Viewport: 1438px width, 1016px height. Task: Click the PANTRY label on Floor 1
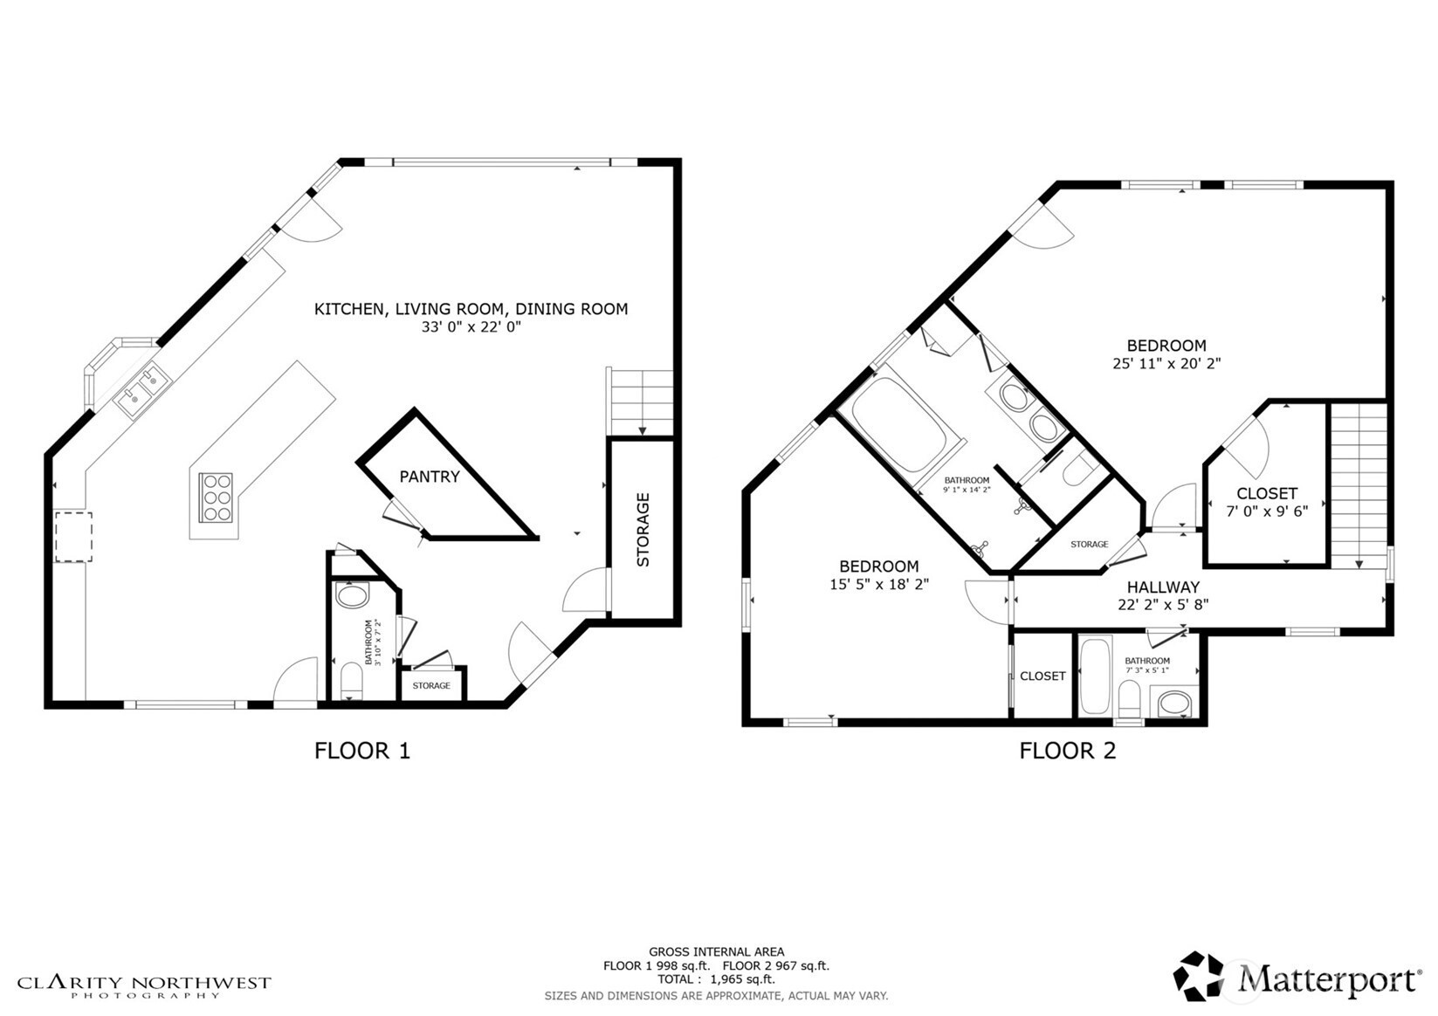coord(430,477)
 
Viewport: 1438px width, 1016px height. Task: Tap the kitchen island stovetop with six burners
coord(216,497)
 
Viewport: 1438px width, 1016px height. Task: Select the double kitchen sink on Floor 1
coord(143,389)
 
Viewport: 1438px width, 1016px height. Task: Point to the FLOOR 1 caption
coord(362,751)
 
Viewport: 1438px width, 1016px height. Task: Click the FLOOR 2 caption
coord(1068,751)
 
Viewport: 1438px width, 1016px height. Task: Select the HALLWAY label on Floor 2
coord(1163,587)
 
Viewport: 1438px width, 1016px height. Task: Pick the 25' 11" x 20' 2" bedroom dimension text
coord(1166,363)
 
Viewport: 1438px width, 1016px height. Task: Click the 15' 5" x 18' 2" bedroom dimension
coord(879,584)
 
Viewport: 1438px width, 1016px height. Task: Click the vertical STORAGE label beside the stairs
coord(643,530)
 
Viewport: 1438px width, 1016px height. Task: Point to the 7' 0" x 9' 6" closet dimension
coord(1267,511)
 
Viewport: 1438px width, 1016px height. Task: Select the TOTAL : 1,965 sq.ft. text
coord(716,979)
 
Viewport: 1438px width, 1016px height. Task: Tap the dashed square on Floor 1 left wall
coord(73,537)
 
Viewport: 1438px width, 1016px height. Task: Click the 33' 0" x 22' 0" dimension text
coord(471,326)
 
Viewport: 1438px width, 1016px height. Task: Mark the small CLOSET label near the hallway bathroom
coord(1042,676)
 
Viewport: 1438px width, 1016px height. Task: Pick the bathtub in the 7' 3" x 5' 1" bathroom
coord(1095,676)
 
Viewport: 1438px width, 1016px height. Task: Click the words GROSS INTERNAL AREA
coord(717,951)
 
